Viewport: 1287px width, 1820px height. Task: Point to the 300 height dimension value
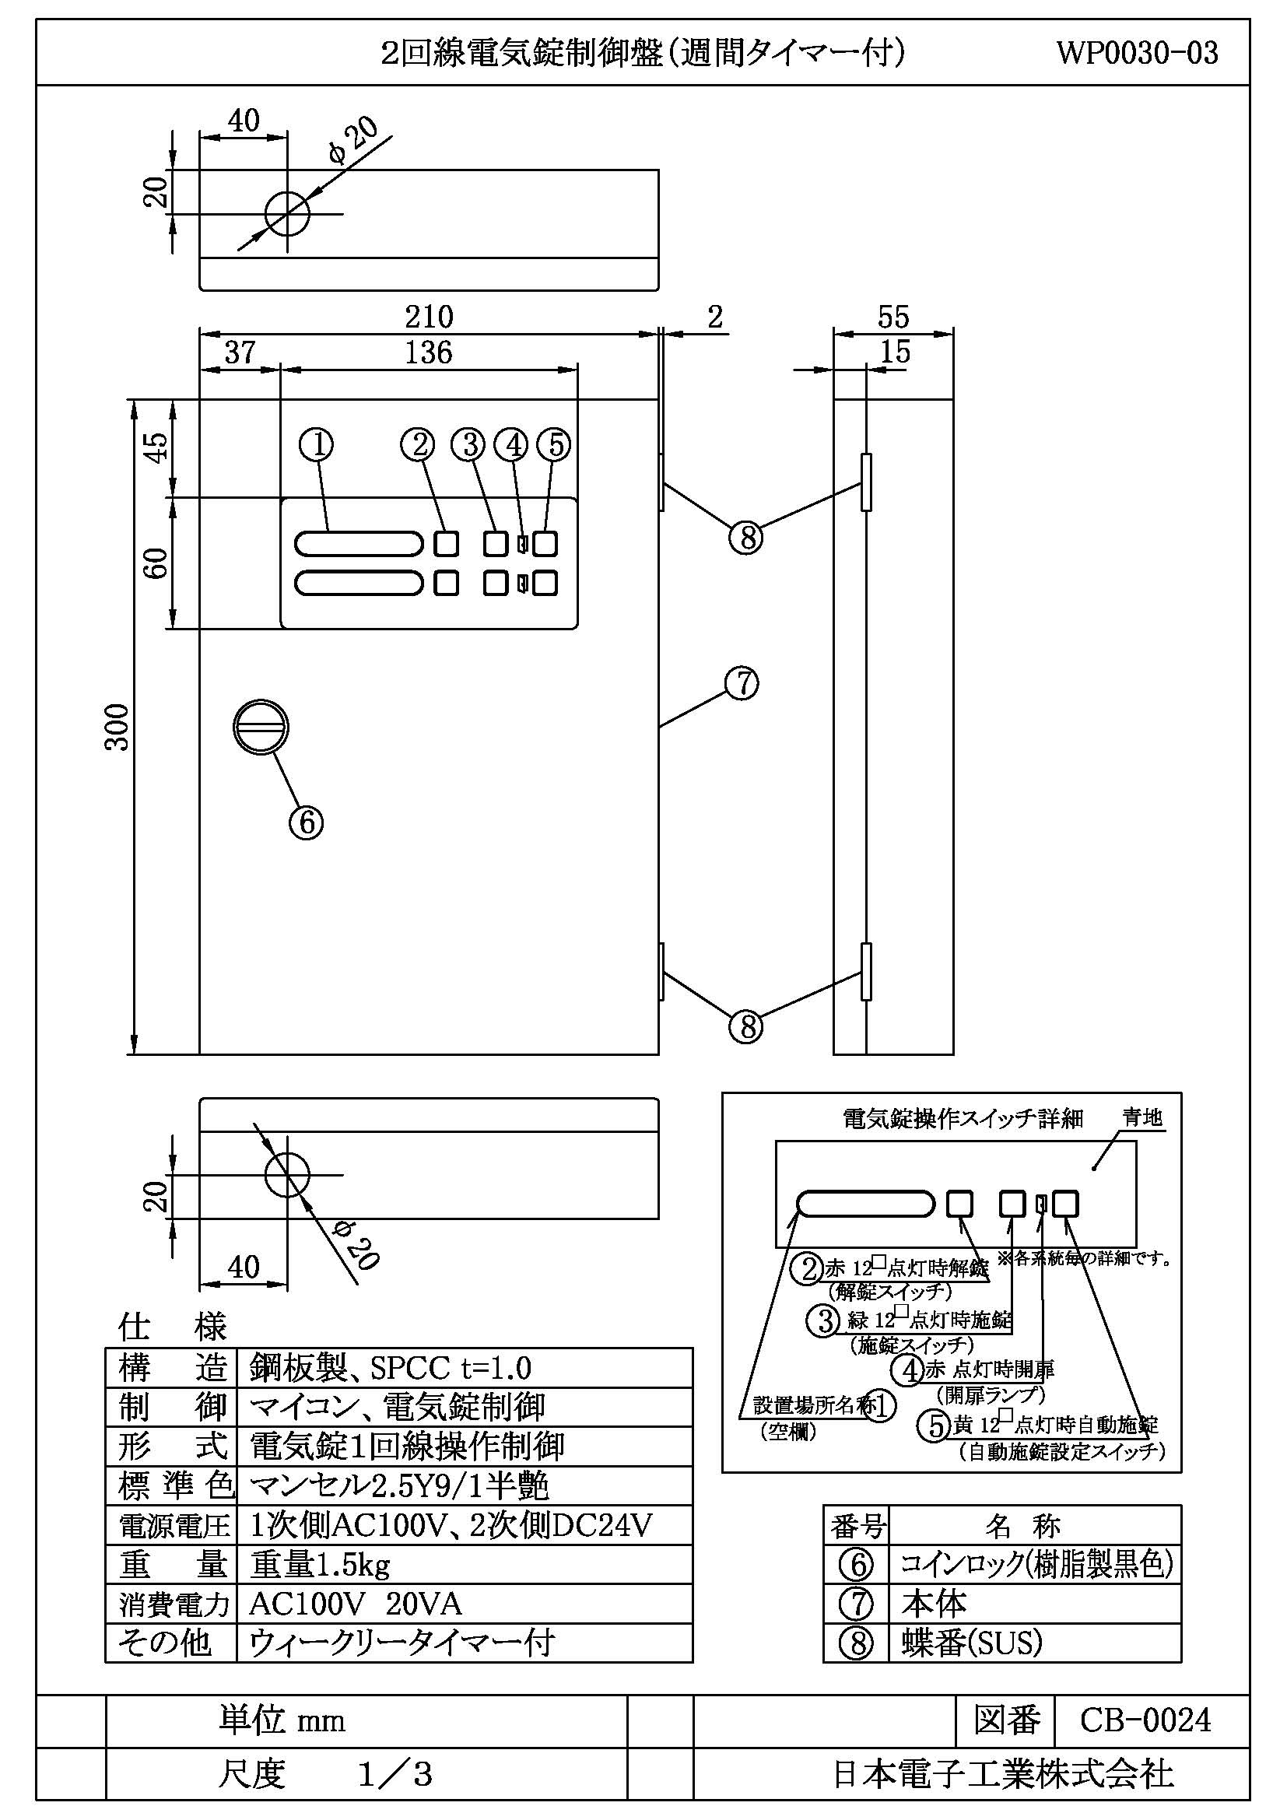click(x=117, y=726)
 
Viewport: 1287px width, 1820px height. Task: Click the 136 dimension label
click(x=428, y=352)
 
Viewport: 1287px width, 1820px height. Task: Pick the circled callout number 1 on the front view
click(x=316, y=445)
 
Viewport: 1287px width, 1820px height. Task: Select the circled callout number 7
click(x=742, y=684)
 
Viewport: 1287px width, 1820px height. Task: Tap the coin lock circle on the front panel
click(x=261, y=727)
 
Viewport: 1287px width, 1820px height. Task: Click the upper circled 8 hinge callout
click(x=745, y=539)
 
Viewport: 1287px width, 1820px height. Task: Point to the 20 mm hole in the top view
click(x=287, y=213)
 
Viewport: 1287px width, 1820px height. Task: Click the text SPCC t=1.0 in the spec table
click(x=450, y=1368)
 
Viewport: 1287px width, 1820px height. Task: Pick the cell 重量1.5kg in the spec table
click(x=320, y=1566)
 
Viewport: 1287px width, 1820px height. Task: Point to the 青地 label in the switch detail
click(x=1143, y=1117)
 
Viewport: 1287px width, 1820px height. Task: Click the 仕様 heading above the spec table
click(x=172, y=1326)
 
